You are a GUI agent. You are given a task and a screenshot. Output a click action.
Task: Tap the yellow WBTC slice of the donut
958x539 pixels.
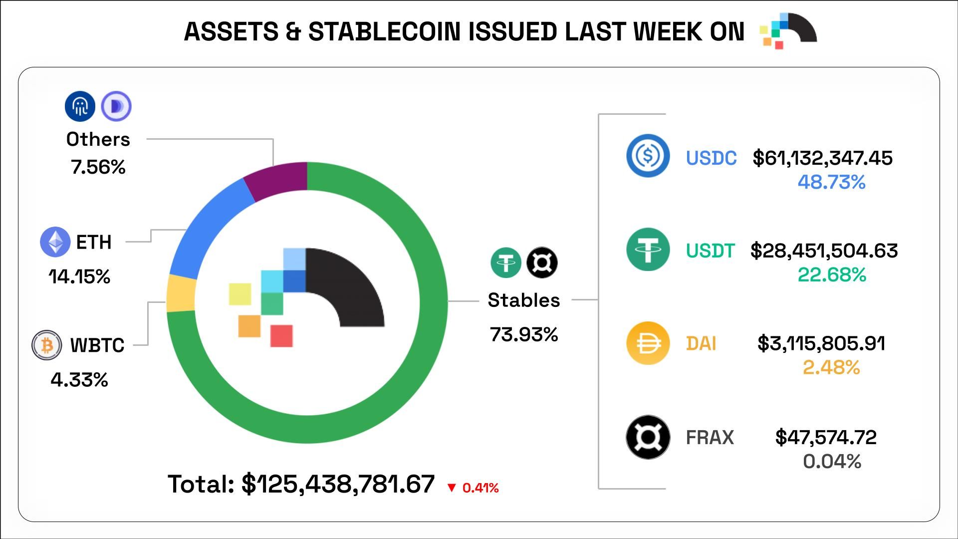181,293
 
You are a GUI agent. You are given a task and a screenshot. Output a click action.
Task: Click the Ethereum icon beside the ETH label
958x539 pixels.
55,242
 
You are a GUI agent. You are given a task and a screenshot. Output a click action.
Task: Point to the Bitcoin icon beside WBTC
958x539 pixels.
47,345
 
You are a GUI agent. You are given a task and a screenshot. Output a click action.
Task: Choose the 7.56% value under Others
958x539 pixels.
98,167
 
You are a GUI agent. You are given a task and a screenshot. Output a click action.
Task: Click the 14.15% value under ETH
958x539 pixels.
80,276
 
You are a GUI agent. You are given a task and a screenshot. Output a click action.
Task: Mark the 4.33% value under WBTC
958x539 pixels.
80,380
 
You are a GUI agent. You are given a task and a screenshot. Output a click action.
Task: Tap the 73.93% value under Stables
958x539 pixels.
524,334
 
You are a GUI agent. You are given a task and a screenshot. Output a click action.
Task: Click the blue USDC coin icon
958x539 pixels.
648,156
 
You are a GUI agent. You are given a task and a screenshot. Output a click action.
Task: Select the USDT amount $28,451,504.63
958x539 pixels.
824,251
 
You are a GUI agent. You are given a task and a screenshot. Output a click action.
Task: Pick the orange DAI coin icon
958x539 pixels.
648,343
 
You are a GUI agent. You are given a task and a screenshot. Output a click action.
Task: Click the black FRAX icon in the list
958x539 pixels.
648,437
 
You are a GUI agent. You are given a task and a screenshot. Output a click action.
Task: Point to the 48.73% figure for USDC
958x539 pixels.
831,182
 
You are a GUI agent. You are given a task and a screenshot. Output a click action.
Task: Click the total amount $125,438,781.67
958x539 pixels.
338,484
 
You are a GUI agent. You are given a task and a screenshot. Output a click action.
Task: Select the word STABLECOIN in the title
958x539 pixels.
385,32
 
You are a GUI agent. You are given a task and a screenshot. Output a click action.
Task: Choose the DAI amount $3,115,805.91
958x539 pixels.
821,343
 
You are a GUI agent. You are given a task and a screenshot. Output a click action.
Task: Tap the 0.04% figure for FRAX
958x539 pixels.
832,461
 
